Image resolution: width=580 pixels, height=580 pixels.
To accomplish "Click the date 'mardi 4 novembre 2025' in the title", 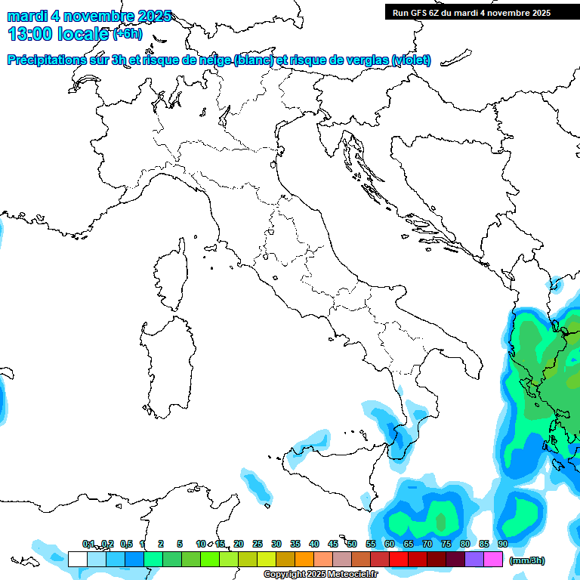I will pyautogui.click(x=89, y=16).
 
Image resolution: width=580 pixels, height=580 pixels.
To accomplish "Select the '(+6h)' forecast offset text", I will pyautogui.click(x=127, y=34).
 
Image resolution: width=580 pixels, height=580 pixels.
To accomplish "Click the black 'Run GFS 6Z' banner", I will pyautogui.click(x=482, y=13).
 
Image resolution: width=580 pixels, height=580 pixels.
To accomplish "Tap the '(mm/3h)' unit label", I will pyautogui.click(x=527, y=560).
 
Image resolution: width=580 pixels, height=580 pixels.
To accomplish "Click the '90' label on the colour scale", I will pyautogui.click(x=502, y=544).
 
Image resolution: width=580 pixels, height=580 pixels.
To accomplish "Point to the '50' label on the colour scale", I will pyautogui.click(x=351, y=544).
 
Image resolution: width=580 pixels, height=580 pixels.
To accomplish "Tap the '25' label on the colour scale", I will pyautogui.click(x=257, y=544).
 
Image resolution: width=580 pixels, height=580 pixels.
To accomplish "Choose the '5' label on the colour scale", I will pyautogui.click(x=180, y=544).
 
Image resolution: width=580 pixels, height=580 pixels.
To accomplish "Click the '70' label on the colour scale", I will pyautogui.click(x=427, y=544).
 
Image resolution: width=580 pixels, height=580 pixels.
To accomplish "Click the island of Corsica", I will pyautogui.click(x=172, y=276).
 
